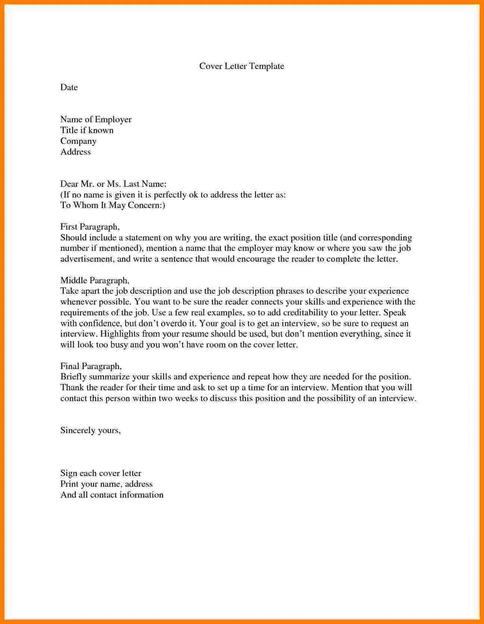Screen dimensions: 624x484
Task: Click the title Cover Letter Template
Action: click(241, 66)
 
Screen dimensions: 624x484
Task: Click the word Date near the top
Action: click(69, 87)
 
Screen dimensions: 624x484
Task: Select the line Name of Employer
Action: click(96, 119)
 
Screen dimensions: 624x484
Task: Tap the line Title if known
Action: click(87, 130)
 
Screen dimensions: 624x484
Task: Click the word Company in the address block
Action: click(78, 141)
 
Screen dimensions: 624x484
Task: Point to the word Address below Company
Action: click(76, 152)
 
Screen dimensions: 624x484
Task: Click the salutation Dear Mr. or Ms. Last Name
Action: click(113, 184)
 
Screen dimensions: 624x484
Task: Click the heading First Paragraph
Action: click(89, 227)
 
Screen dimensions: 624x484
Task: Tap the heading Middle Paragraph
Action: click(94, 280)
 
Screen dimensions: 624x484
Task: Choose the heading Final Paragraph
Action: click(91, 366)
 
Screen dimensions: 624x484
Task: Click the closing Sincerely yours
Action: click(90, 430)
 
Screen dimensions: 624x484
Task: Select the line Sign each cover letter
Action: click(101, 473)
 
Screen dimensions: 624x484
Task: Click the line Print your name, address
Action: click(106, 484)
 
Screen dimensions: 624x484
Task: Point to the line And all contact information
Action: click(112, 495)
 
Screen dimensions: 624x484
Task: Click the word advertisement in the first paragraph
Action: click(86, 259)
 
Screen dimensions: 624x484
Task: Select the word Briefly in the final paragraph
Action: click(73, 377)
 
